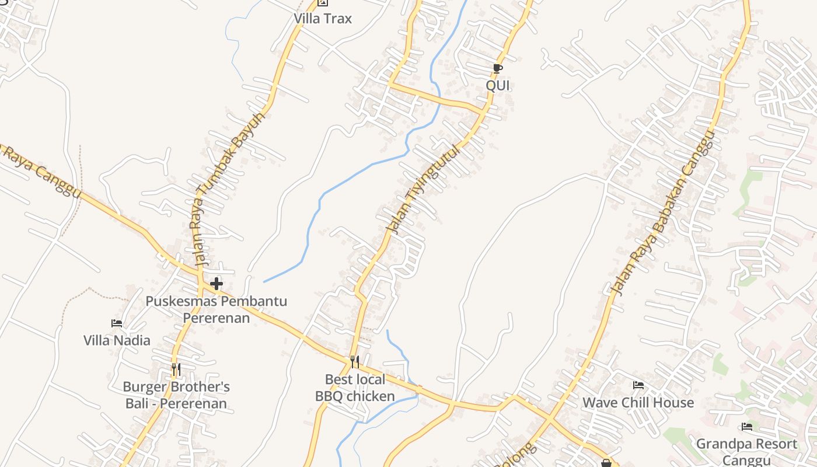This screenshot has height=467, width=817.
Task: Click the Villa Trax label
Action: click(x=323, y=19)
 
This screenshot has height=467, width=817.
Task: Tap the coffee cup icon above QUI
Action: click(x=497, y=69)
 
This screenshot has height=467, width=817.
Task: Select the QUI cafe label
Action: click(x=498, y=85)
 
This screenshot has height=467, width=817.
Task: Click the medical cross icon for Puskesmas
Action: click(x=217, y=284)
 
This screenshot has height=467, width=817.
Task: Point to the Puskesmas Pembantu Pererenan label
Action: click(x=217, y=309)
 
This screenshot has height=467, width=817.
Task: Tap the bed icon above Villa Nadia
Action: click(x=117, y=323)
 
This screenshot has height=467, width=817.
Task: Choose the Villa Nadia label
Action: click(x=117, y=340)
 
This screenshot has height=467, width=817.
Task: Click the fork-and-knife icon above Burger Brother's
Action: click(x=176, y=369)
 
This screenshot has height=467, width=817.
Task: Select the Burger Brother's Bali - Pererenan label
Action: click(x=176, y=395)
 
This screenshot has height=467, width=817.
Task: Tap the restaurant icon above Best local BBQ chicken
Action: click(x=354, y=362)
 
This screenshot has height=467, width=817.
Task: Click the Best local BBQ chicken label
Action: click(x=355, y=388)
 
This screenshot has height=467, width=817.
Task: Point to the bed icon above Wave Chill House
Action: click(x=638, y=385)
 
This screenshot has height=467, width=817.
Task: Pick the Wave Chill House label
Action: click(x=638, y=402)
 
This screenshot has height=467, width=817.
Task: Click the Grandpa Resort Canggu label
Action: click(x=746, y=451)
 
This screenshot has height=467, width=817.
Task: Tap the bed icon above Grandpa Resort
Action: click(x=746, y=427)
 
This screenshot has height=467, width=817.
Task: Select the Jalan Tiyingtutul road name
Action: click(x=424, y=189)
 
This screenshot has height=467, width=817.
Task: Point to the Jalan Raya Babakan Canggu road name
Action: click(x=663, y=214)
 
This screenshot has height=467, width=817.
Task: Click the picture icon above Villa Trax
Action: click(x=322, y=3)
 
